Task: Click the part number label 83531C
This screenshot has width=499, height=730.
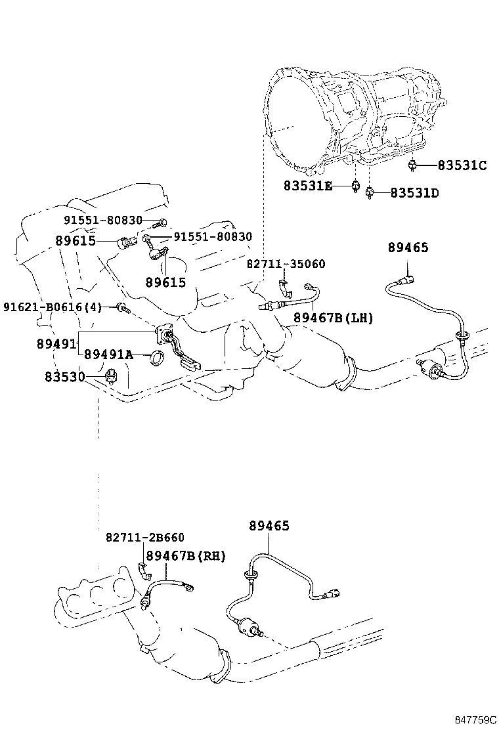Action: coord(462,165)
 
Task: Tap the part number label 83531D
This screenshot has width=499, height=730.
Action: coord(415,193)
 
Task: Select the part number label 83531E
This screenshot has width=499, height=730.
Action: coord(308,186)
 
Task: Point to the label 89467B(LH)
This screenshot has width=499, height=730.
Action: coord(333,318)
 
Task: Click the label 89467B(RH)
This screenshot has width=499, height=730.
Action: coord(186,555)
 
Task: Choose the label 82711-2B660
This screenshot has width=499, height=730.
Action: coord(145,537)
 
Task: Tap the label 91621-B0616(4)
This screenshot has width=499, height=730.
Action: coord(53,307)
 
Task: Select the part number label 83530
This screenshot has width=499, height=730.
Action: coord(65,377)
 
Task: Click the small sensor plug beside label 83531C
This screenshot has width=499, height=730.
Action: coord(412,165)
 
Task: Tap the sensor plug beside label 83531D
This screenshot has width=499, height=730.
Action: coord(370,192)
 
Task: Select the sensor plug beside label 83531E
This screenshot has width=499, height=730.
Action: coord(355,186)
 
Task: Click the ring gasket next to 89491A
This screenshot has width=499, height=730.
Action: coord(158,358)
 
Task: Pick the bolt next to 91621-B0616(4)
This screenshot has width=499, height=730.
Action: coord(123,307)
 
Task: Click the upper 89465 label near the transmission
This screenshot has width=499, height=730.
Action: coord(408,247)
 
